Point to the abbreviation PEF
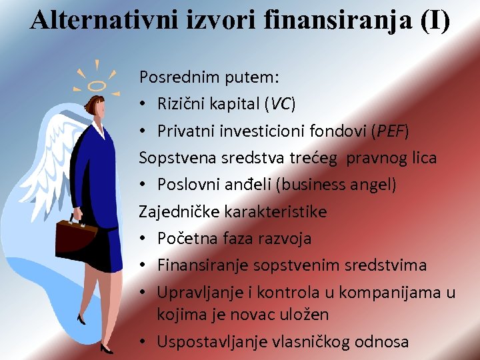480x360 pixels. pos(390,131)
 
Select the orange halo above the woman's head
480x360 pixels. pos(97,85)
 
